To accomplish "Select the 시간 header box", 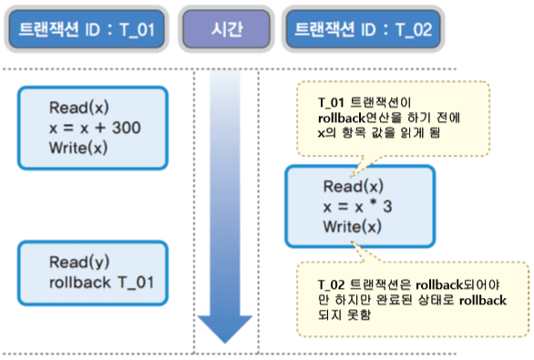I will tap(223, 29).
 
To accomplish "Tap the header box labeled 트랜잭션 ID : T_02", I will tap(362, 29).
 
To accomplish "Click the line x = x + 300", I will tap(95, 129).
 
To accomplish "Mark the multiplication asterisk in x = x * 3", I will tap(373, 205).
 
